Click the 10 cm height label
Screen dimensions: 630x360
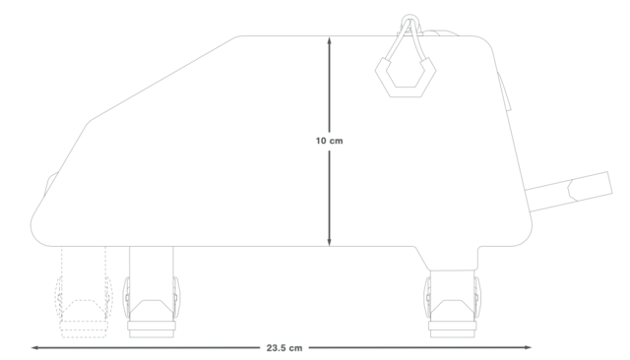329,141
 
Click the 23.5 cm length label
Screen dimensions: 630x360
284,348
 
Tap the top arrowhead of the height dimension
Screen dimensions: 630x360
329,39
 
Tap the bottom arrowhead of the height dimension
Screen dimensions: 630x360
329,242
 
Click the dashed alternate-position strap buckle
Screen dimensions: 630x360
84,292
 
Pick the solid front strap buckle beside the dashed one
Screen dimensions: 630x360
151,292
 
